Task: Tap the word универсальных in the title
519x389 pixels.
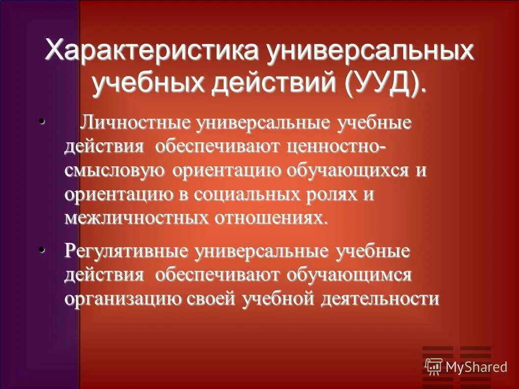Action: tap(368, 51)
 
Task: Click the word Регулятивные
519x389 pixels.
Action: tap(126, 252)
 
